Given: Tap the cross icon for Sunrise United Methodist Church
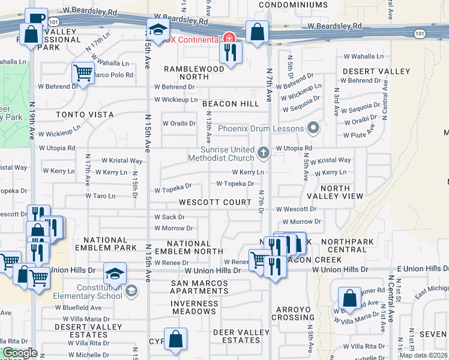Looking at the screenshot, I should tap(263, 154).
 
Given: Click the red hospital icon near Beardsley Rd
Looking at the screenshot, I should tap(228, 39).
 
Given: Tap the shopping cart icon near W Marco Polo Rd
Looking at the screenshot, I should tap(83, 73).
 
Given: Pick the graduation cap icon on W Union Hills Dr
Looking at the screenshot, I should tap(114, 274).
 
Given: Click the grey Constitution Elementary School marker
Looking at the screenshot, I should tap(131, 291).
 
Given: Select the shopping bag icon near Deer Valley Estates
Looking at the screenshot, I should tap(175, 339).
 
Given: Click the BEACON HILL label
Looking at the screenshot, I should tap(231, 104).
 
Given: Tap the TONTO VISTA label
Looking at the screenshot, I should tap(85, 114).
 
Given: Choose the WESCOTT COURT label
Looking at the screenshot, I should tap(215, 202).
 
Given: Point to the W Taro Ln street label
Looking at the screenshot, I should tap(100, 196).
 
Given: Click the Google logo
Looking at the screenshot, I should tap(20, 353).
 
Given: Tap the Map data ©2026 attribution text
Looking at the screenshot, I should tap(423, 355).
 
